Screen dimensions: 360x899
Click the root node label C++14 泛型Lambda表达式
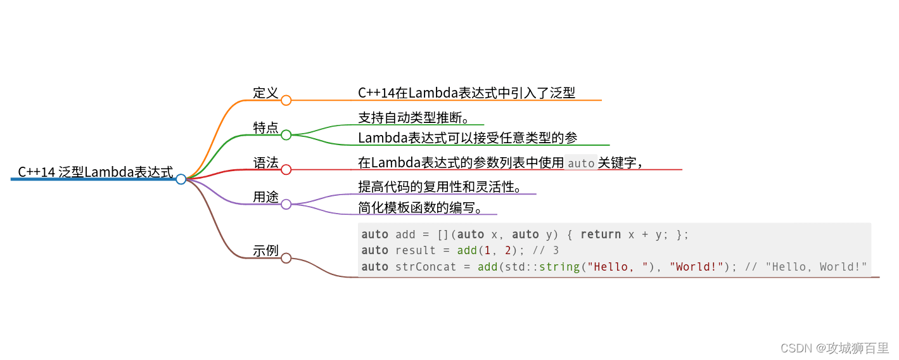tap(95, 172)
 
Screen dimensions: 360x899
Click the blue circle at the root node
tap(181, 179)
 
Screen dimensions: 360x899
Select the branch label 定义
tap(265, 93)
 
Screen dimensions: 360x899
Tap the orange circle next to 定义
tap(286, 100)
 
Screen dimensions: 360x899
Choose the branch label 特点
tap(265, 127)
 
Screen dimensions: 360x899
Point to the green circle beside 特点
tap(286, 135)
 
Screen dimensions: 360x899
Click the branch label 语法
tap(265, 163)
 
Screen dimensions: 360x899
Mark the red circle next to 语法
tap(286, 170)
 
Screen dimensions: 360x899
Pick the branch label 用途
tap(265, 197)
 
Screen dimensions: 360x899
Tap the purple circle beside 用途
tap(286, 204)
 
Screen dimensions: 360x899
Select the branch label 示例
tap(265, 250)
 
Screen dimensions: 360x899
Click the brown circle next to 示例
tap(286, 258)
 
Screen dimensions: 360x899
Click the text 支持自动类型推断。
tap(413, 117)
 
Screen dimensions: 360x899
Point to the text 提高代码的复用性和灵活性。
tap(440, 186)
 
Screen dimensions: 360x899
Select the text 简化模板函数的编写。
tap(420, 207)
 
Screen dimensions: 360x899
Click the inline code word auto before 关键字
tap(581, 164)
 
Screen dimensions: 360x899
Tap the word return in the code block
tap(601, 235)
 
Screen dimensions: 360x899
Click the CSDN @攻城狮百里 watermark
tap(834, 348)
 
